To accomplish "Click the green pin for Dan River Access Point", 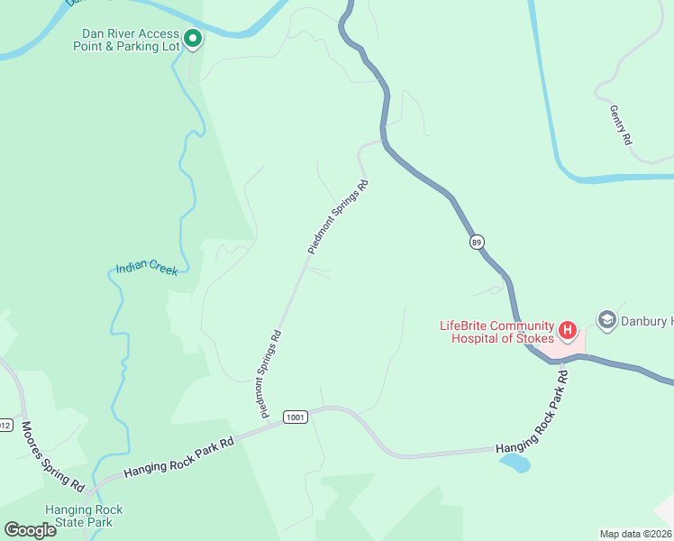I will click(193, 38).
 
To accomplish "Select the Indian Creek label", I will click(146, 269).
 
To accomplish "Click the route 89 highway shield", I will click(477, 242).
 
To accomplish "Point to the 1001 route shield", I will click(295, 417).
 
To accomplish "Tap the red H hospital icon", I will click(568, 330).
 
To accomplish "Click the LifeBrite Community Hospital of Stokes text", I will click(495, 332).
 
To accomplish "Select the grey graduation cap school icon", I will click(606, 320).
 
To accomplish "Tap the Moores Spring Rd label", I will click(51, 455).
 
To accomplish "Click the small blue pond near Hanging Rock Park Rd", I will click(515, 463).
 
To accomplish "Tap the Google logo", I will click(30, 530).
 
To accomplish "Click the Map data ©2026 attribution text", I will click(635, 533).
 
